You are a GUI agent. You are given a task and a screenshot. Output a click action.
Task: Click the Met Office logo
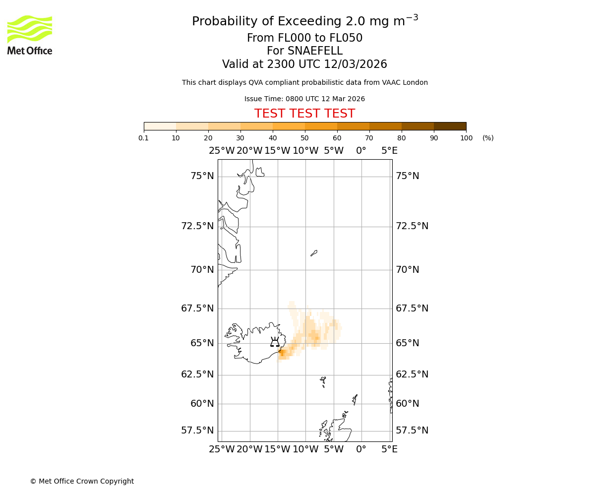click(30, 35)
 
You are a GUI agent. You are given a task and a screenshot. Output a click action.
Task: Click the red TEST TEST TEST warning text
click(304, 114)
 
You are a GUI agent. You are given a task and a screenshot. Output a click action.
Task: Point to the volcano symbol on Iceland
click(275, 342)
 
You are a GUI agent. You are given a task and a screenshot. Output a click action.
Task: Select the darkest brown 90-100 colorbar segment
click(450, 126)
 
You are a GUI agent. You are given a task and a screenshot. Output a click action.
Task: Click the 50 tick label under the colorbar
click(304, 138)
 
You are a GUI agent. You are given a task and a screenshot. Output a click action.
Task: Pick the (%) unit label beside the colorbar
click(488, 138)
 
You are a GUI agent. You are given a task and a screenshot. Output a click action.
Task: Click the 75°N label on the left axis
click(202, 176)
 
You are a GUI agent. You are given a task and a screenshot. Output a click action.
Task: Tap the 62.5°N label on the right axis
click(412, 374)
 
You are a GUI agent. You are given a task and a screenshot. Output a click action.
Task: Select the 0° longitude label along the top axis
click(361, 151)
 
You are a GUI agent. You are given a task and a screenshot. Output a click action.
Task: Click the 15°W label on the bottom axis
click(277, 449)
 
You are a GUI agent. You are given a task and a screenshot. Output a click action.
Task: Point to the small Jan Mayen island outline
click(314, 253)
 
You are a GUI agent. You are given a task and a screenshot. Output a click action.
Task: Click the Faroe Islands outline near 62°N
click(323, 381)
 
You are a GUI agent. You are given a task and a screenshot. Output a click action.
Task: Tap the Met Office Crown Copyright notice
click(82, 481)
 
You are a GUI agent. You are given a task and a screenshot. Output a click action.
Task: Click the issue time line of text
click(304, 99)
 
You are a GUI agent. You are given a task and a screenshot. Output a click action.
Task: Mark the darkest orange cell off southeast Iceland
click(282, 353)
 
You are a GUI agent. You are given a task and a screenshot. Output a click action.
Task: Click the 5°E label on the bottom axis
click(389, 449)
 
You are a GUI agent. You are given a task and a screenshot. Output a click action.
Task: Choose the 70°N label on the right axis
click(407, 270)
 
